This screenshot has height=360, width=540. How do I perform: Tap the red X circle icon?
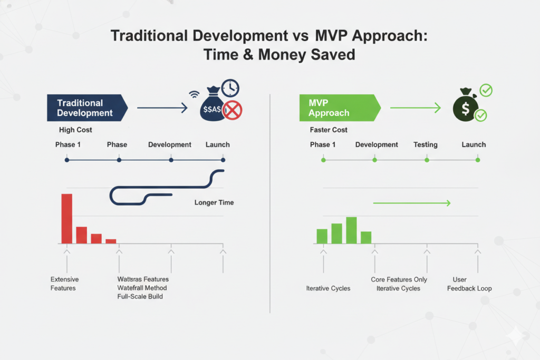232,111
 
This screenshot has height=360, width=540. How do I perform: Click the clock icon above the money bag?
230,88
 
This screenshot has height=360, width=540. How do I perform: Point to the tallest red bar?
67,218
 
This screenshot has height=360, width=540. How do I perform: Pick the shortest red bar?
111,241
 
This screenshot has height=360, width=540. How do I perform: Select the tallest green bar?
351,230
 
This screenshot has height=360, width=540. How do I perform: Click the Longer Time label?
214,202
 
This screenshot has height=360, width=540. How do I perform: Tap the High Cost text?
75,130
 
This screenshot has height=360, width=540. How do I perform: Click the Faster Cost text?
329,130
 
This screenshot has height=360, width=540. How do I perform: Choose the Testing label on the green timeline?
425,144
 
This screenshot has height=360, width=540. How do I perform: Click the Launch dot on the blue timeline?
223,160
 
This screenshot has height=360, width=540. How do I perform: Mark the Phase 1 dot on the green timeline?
323,160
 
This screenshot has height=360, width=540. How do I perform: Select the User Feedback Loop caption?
469,284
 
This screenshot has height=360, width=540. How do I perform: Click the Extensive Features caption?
63,284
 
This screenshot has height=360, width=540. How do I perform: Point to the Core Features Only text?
399,279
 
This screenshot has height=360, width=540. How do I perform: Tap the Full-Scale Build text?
140,297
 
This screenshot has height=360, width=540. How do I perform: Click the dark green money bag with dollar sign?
465,108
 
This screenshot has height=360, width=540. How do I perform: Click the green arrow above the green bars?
411,203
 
